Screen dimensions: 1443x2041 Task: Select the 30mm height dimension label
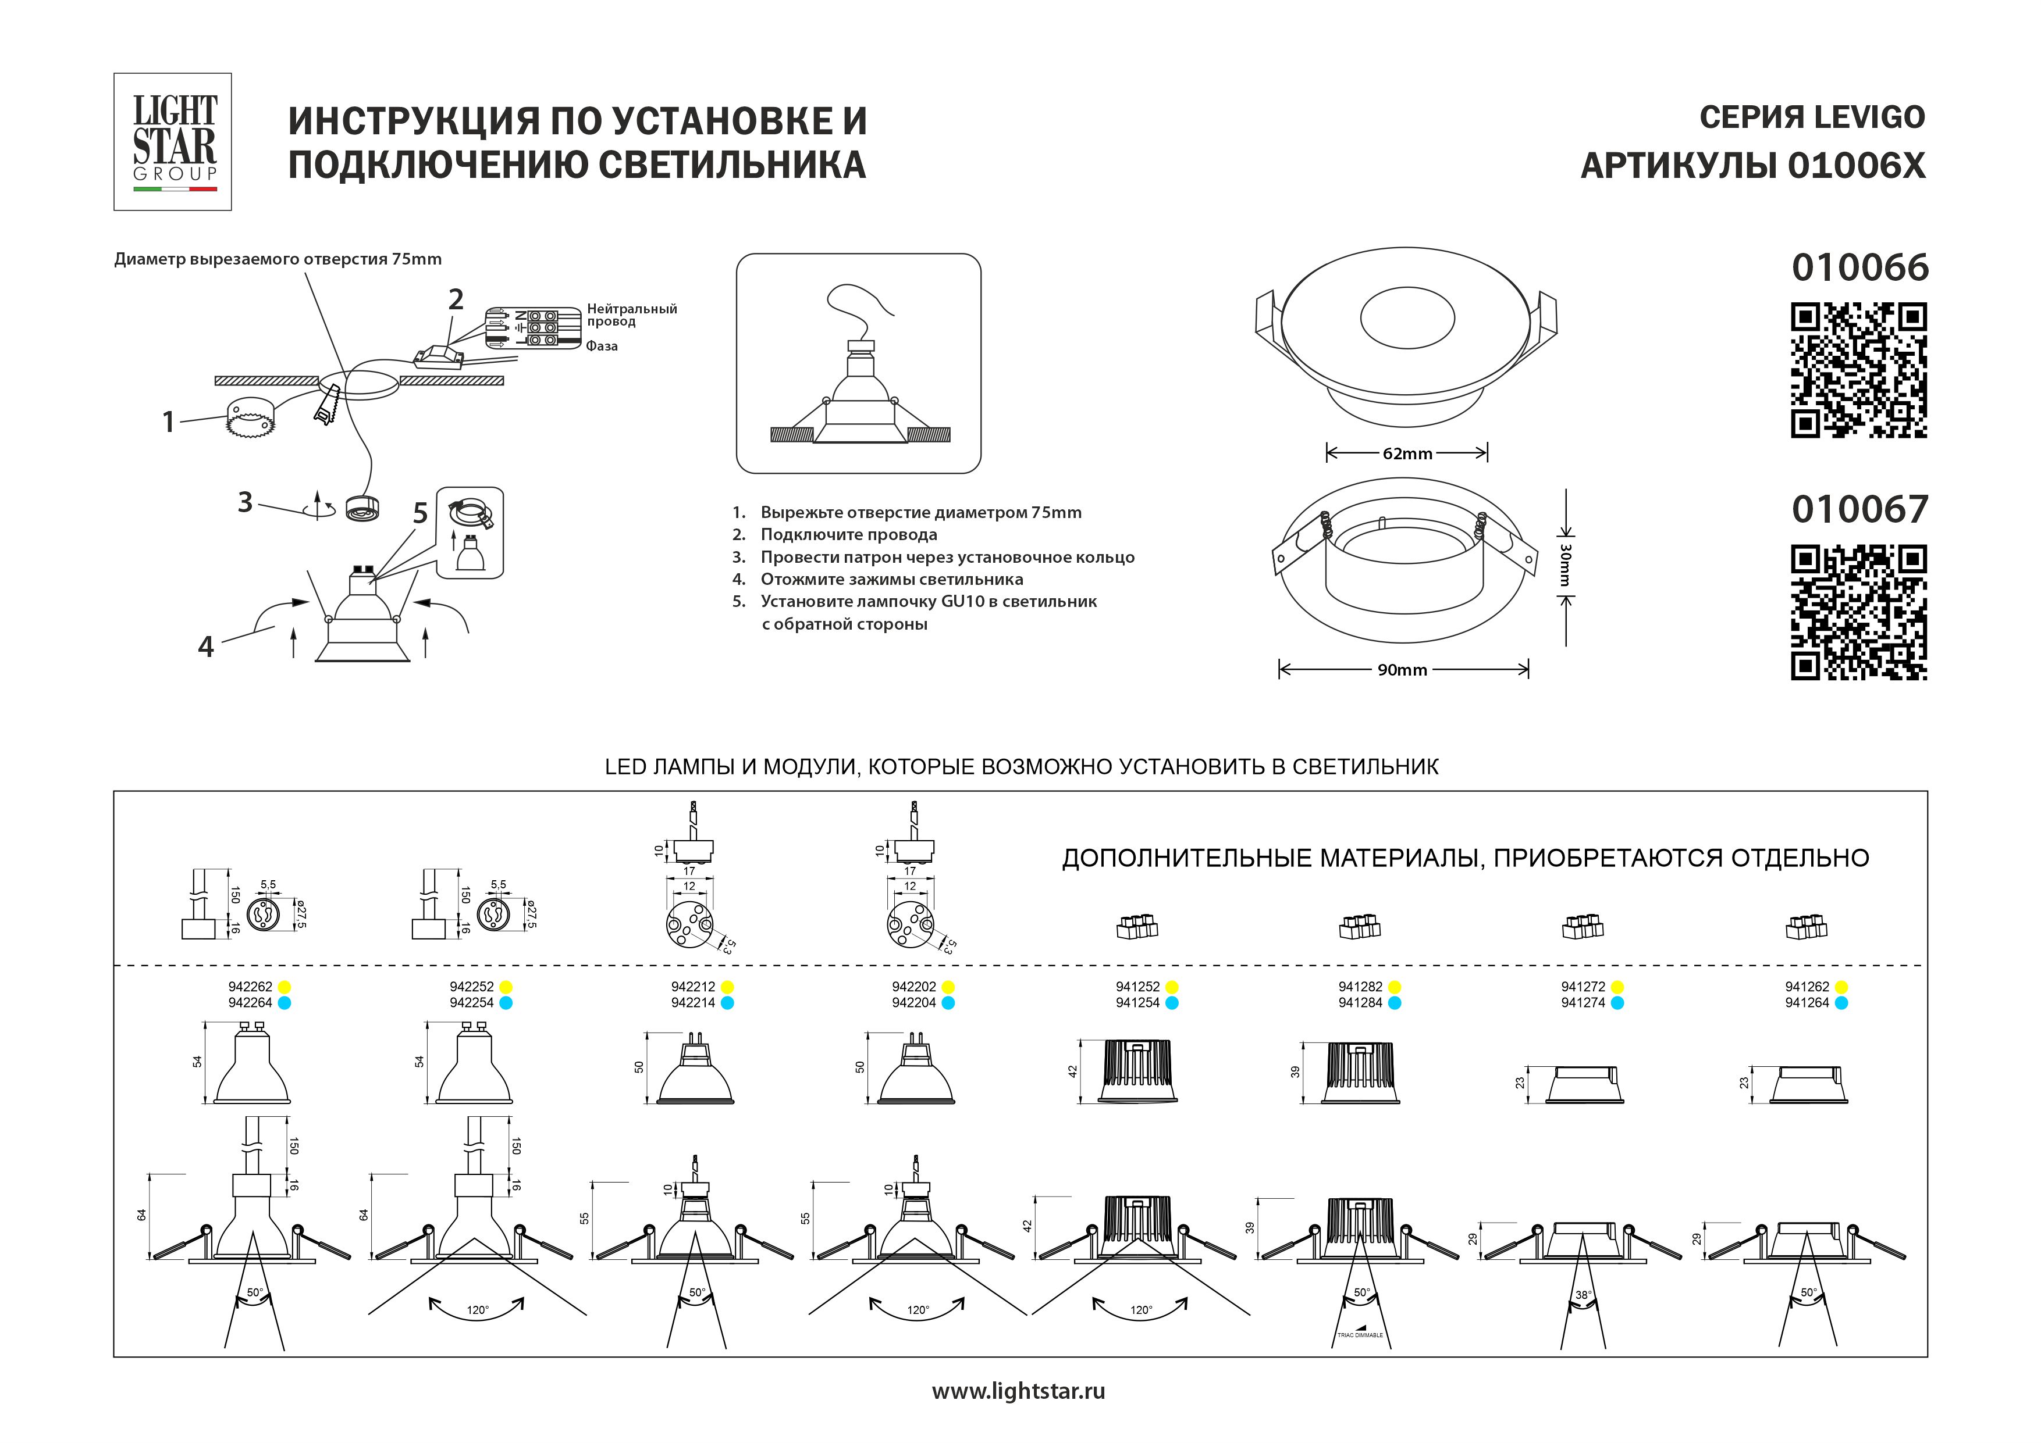[1566, 565]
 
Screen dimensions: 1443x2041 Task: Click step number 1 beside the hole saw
[168, 421]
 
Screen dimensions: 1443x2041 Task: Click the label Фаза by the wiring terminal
[602, 347]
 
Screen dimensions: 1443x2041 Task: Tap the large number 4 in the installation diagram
[205, 647]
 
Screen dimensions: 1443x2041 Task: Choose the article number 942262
[250, 986]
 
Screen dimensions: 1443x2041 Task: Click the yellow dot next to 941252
[1172, 987]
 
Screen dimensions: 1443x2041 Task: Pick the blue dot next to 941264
[1841, 1003]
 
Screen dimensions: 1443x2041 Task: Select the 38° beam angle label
[1583, 1295]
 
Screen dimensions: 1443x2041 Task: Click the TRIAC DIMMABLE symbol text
[1360, 1335]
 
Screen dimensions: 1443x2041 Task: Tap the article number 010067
[1859, 510]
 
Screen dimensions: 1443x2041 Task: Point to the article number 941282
[1360, 986]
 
